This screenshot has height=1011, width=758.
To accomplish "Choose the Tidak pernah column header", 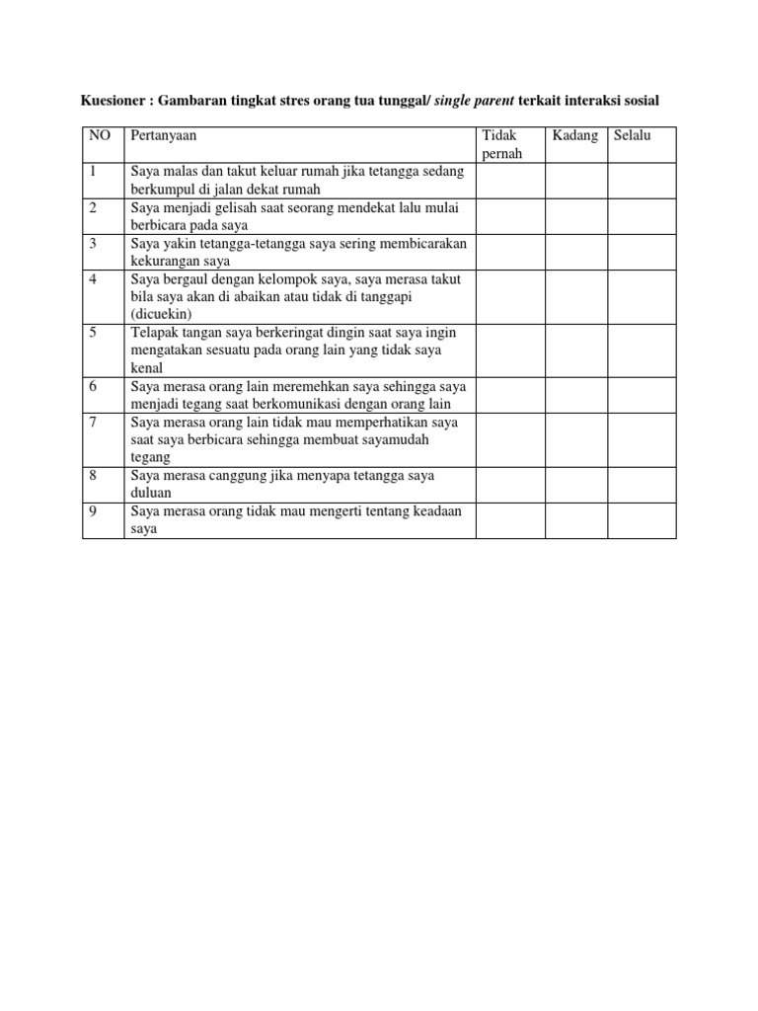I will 499,144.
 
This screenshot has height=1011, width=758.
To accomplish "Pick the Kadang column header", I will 575,135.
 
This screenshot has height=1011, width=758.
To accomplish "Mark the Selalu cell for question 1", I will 641,181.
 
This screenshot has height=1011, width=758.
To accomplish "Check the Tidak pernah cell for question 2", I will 510,216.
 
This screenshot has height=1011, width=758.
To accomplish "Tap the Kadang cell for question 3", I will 575,252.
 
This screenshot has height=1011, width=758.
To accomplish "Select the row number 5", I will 92,332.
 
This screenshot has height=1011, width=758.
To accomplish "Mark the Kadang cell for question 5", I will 575,350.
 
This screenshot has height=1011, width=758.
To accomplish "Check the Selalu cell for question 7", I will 641,439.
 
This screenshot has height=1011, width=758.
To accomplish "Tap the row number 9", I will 92,510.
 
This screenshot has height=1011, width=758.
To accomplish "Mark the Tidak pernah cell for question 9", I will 510,519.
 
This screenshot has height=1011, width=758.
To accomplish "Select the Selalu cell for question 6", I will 641,394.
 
